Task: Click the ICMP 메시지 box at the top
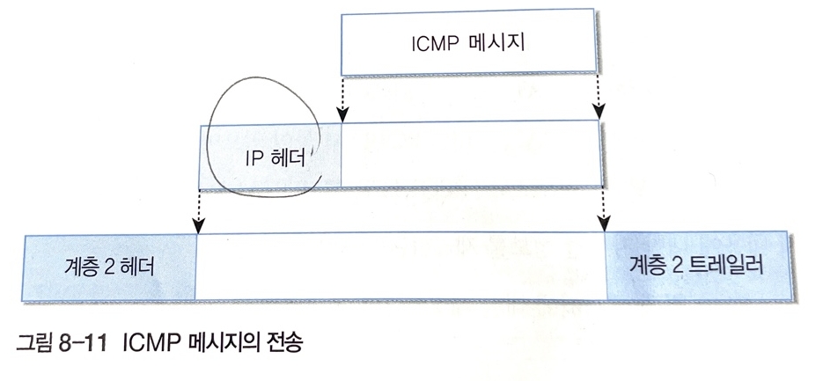[471, 44]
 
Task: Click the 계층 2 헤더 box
[111, 267]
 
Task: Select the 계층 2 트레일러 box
[699, 263]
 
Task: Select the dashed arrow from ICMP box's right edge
[599, 97]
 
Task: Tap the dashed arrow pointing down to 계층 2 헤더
[200, 210]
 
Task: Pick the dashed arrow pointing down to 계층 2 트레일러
[604, 210]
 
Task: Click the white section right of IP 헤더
[471, 155]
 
